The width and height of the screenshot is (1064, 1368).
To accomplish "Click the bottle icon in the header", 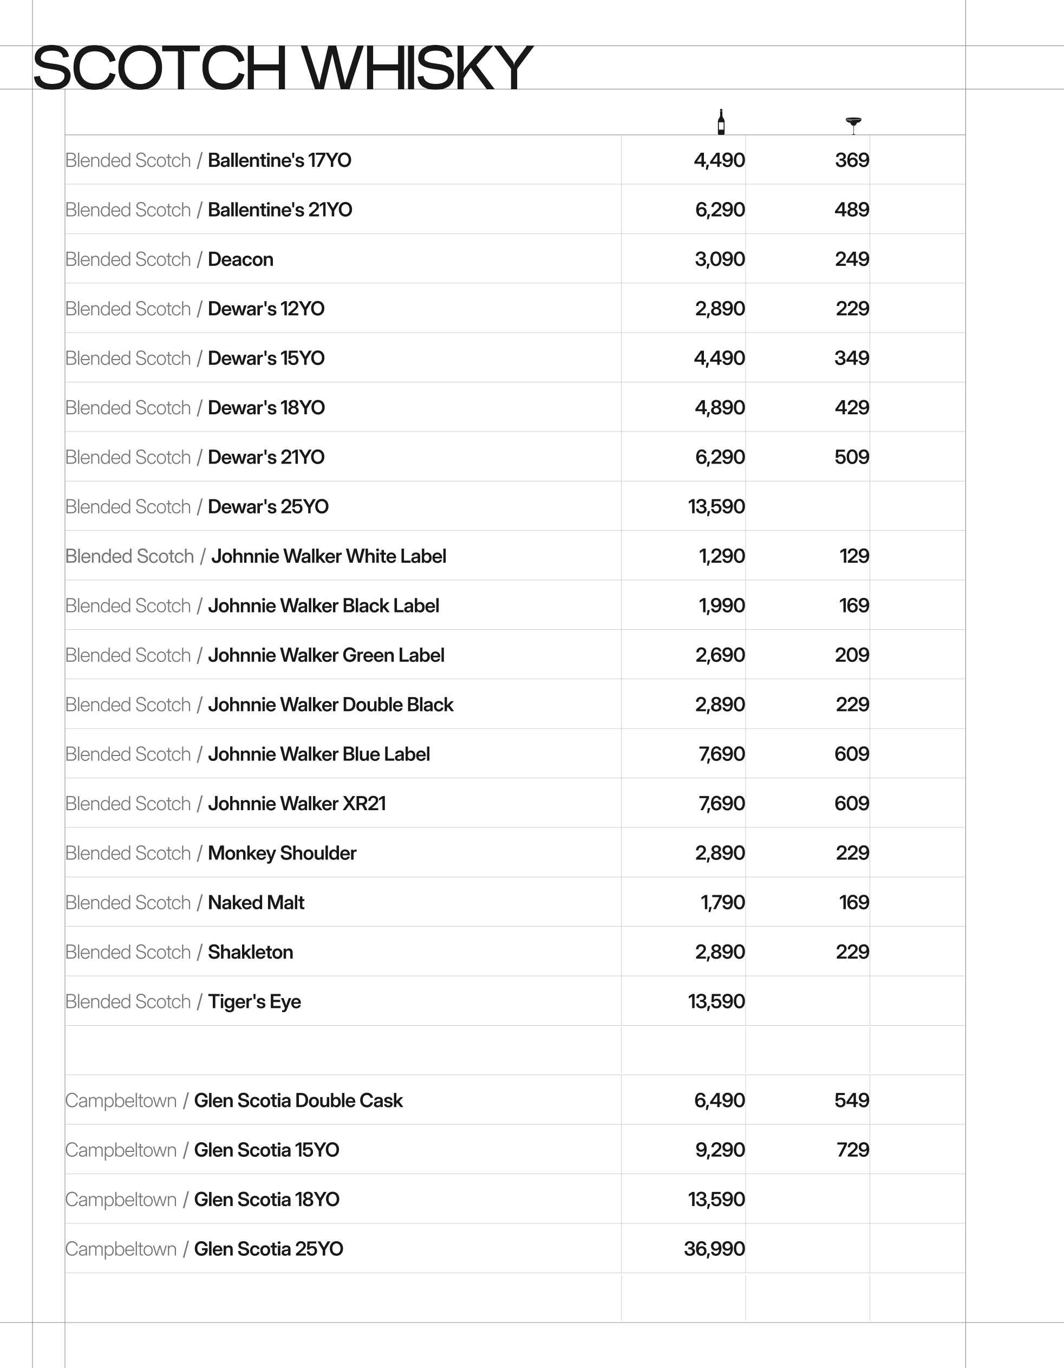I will tap(721, 122).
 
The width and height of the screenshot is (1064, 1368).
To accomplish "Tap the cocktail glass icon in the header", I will tap(853, 125).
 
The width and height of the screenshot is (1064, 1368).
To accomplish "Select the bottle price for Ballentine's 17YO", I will tap(719, 160).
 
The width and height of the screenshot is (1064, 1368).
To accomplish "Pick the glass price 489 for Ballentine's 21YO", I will tap(851, 210).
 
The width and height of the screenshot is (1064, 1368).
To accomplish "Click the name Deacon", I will tap(240, 259).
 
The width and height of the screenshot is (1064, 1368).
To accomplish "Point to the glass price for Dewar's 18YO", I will tap(851, 408).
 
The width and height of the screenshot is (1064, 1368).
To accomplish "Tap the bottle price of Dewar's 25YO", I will tap(716, 507).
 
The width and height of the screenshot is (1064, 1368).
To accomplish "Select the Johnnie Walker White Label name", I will tap(328, 556).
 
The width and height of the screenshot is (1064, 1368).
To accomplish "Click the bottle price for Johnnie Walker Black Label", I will tap(721, 605).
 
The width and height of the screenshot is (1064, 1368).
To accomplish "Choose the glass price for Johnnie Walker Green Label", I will tap(851, 655).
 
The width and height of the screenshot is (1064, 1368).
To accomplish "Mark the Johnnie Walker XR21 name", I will tap(297, 804).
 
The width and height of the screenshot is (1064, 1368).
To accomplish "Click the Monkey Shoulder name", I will tap(282, 853).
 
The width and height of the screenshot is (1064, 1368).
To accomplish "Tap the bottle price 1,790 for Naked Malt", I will tap(722, 903).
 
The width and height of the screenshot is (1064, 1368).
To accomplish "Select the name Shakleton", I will tap(251, 952).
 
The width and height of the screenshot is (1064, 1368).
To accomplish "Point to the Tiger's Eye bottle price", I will tap(716, 1001).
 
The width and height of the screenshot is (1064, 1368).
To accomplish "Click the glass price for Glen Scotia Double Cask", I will tap(851, 1100).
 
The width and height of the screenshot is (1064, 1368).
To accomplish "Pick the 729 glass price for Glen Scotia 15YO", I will tap(852, 1150).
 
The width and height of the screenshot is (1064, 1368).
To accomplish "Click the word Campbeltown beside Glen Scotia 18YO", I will tap(121, 1200).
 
